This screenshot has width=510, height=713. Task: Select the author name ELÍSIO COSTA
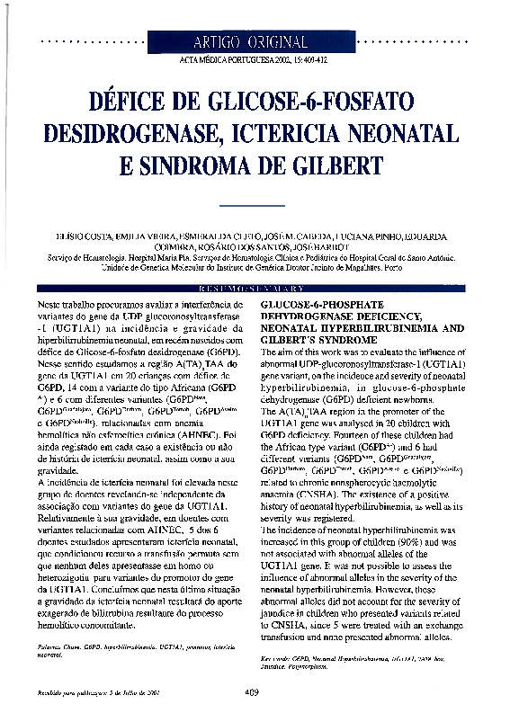click(x=82, y=236)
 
